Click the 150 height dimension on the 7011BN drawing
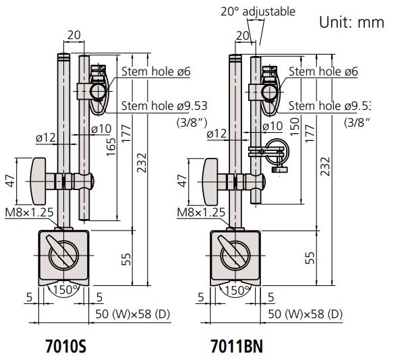(x=294, y=125)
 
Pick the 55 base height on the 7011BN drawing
(x=310, y=257)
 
